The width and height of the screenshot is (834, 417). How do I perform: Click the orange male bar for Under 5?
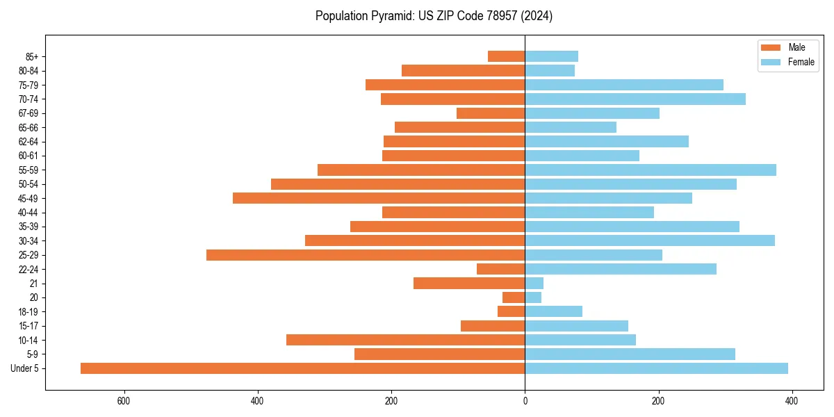pyautogui.click(x=302, y=368)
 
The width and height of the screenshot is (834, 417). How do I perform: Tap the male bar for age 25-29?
pyautogui.click(x=366, y=255)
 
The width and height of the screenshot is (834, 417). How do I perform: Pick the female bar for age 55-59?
pyautogui.click(x=651, y=170)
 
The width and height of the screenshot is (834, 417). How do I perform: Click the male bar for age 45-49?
pyautogui.click(x=379, y=198)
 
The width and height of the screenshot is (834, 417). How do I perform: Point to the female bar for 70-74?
pyautogui.click(x=635, y=99)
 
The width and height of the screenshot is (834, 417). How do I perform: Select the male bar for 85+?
pyautogui.click(x=507, y=56)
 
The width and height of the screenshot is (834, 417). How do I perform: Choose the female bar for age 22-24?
pyautogui.click(x=621, y=269)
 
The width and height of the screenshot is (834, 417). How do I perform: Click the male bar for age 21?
pyautogui.click(x=469, y=284)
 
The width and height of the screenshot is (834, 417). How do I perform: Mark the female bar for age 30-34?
pyautogui.click(x=650, y=240)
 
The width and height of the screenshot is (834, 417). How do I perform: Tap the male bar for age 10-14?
pyautogui.click(x=405, y=340)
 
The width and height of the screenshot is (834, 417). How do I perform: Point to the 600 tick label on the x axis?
pyautogui.click(x=124, y=401)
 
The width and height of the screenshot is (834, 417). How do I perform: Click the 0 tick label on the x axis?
pyautogui.click(x=525, y=401)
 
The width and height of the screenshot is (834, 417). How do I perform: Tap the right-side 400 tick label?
pyautogui.click(x=792, y=401)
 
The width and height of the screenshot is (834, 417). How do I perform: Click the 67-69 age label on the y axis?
pyautogui.click(x=28, y=113)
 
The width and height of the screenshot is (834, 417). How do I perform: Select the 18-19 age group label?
pyautogui.click(x=28, y=312)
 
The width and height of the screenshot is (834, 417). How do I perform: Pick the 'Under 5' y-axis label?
pyautogui.click(x=25, y=368)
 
